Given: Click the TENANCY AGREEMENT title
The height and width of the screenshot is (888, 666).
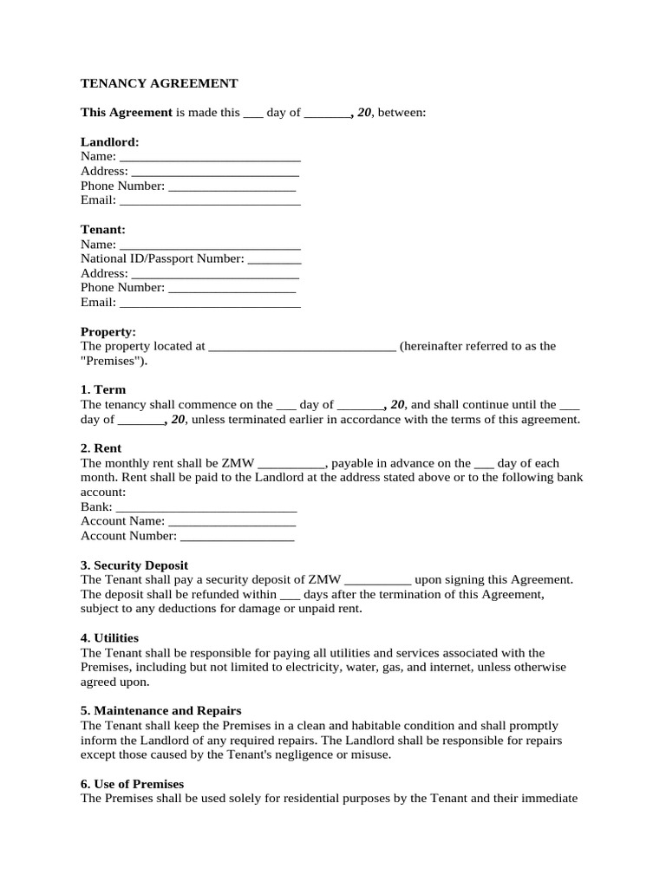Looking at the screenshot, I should pyautogui.click(x=159, y=83).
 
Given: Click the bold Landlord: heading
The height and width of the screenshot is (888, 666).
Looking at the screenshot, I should pyautogui.click(x=110, y=141).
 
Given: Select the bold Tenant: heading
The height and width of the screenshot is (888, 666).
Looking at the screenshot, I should pyautogui.click(x=103, y=229).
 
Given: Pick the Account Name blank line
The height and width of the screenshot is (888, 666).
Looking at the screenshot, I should pyautogui.click(x=232, y=522).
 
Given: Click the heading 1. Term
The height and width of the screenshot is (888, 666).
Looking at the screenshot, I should pyautogui.click(x=103, y=389).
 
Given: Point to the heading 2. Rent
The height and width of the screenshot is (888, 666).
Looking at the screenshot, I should pyautogui.click(x=101, y=448).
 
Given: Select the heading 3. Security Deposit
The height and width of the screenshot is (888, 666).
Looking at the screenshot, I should pyautogui.click(x=134, y=565).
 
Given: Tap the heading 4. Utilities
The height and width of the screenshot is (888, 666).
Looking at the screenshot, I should pyautogui.click(x=109, y=637).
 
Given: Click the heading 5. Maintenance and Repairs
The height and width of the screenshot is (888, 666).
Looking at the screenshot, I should pyautogui.click(x=160, y=710).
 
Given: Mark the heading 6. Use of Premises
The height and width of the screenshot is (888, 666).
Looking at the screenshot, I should pyautogui.click(x=132, y=783).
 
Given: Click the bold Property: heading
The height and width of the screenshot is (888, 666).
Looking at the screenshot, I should pyautogui.click(x=108, y=331).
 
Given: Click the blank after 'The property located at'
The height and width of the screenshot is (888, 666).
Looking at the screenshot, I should pyautogui.click(x=303, y=347).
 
